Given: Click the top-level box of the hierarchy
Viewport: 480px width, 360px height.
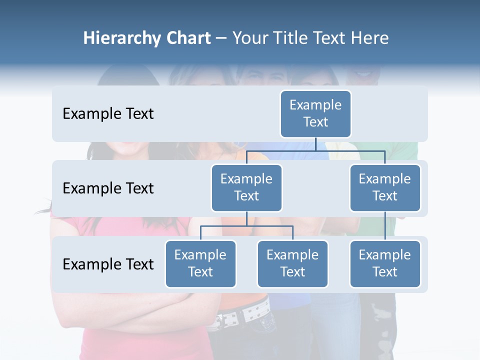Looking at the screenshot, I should (315, 113).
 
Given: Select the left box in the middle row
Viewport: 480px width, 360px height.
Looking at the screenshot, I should (246, 187).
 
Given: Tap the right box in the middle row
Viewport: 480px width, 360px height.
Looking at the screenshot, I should (385, 187).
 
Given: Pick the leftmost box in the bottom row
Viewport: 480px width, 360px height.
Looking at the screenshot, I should (200, 263).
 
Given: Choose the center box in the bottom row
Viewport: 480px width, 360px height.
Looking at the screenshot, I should (292, 263).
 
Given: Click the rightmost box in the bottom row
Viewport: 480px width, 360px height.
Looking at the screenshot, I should (385, 263).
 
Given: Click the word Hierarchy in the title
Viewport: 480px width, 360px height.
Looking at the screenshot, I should (122, 38).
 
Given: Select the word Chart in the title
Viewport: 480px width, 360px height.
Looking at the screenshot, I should (188, 38).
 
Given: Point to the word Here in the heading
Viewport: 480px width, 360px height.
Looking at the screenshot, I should (369, 38).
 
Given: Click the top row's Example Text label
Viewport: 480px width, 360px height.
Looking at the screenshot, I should (108, 114).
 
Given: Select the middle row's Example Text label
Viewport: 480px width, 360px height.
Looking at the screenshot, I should (108, 188).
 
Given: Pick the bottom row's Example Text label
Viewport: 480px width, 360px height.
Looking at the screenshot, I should (108, 264).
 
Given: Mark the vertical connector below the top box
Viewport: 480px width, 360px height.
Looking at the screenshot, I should (315, 144).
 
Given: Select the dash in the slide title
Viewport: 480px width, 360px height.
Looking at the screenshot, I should (221, 38).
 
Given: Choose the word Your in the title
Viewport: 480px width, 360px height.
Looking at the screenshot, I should (250, 38).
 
